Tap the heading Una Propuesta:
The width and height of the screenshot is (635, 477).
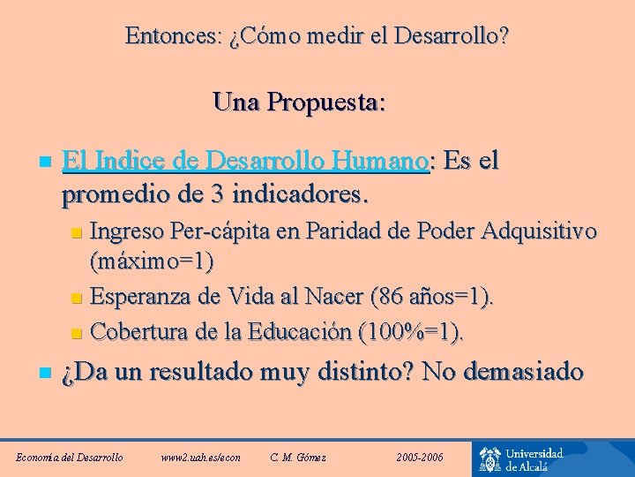click(299, 102)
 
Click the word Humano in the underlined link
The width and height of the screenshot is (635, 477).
click(384, 161)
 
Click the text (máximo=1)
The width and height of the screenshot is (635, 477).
click(152, 262)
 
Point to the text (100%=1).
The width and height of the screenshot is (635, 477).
click(410, 332)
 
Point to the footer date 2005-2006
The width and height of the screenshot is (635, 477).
click(420, 457)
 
